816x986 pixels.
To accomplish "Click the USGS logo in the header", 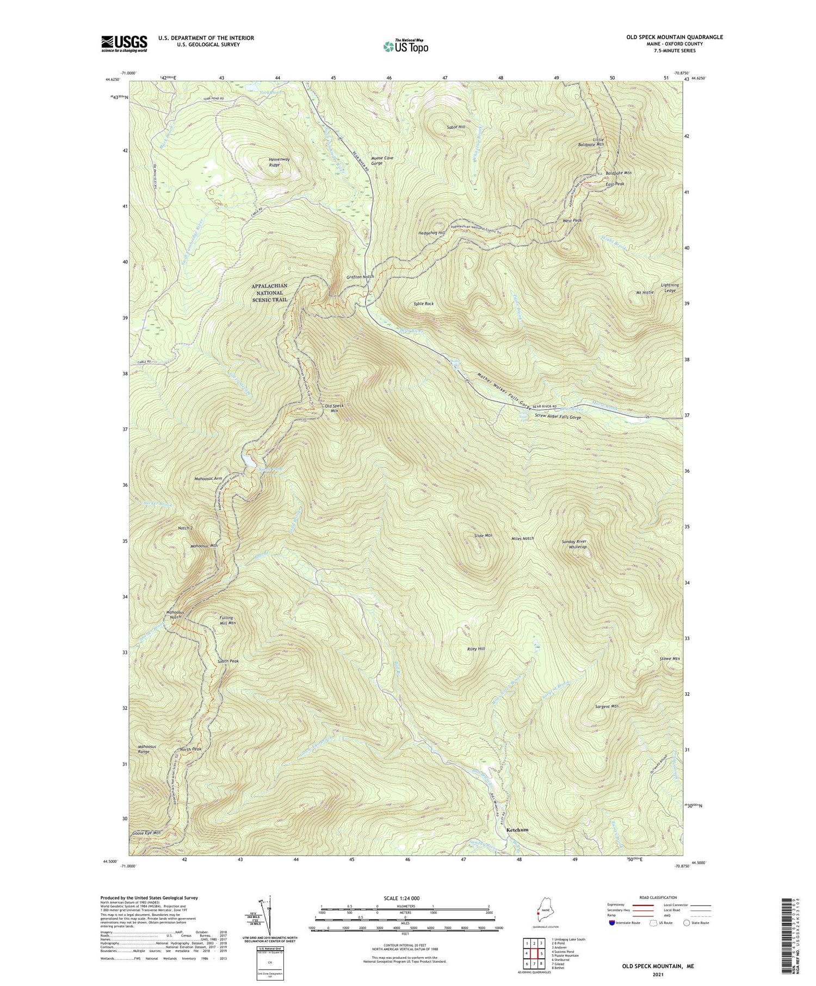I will coord(124,44).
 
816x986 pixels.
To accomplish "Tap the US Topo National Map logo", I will coord(405,46).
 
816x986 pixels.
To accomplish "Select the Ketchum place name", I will coord(517,830).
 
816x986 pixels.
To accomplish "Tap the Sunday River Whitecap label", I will coord(577,544).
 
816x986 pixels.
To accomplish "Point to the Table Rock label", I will coord(423,304).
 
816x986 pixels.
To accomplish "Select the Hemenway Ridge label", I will coord(279,162).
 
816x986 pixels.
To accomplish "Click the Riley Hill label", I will coord(475,649).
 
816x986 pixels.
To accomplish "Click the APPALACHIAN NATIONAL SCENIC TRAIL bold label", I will coord(269,293).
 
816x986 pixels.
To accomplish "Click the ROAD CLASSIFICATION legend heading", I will coord(658,897).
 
